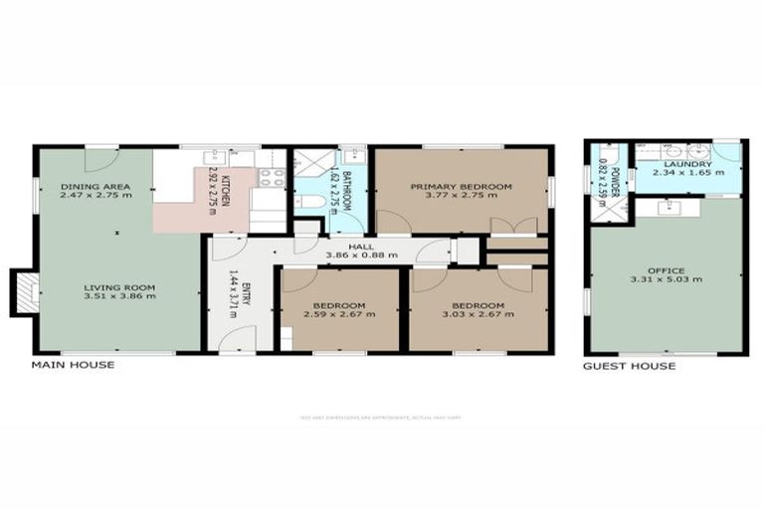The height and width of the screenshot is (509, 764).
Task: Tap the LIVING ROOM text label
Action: click(112, 286)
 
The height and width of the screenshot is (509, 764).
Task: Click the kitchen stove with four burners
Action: click(271, 178)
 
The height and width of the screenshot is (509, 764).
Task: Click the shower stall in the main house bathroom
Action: click(306, 163)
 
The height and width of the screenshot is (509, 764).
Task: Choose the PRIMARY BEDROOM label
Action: click(461, 186)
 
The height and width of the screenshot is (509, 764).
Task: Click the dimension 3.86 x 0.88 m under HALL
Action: click(361, 254)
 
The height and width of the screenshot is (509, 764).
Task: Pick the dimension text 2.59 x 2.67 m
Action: click(339, 314)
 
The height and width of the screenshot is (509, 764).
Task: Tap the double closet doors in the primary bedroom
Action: click(514, 226)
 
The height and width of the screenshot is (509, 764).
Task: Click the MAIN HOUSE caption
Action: click(73, 365)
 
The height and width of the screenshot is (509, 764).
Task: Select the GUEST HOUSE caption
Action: click(629, 366)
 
